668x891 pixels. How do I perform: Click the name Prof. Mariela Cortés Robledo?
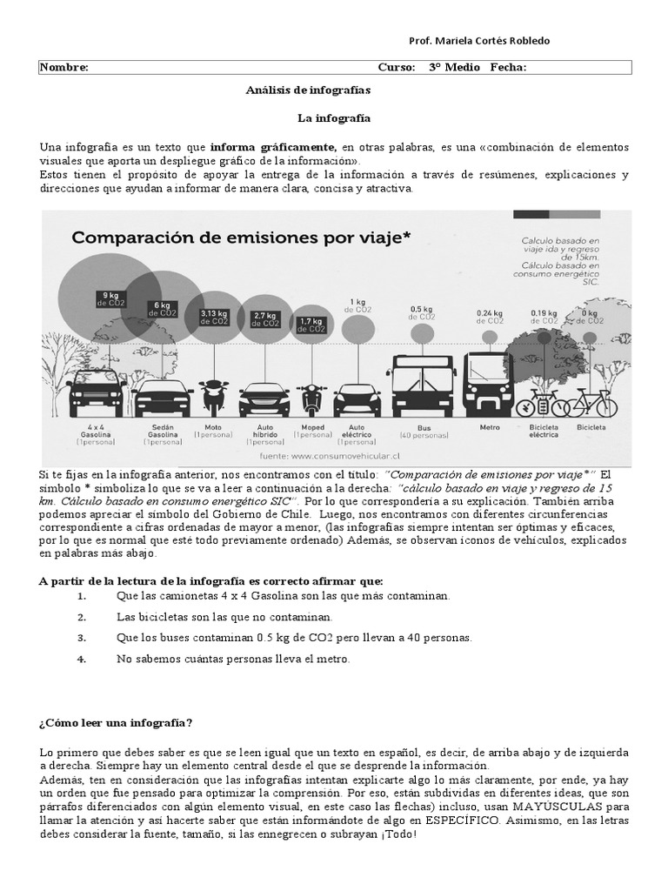[x=479, y=42]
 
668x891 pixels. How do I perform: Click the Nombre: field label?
[x=64, y=68]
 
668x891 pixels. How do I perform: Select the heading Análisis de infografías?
[x=308, y=90]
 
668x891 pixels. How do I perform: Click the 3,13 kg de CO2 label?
[x=213, y=316]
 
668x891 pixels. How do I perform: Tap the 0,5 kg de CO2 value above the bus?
[x=422, y=312]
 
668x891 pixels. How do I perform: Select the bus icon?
[x=422, y=385]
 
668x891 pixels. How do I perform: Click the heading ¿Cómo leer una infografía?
[x=117, y=724]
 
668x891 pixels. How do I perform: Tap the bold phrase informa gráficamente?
[x=273, y=148]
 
